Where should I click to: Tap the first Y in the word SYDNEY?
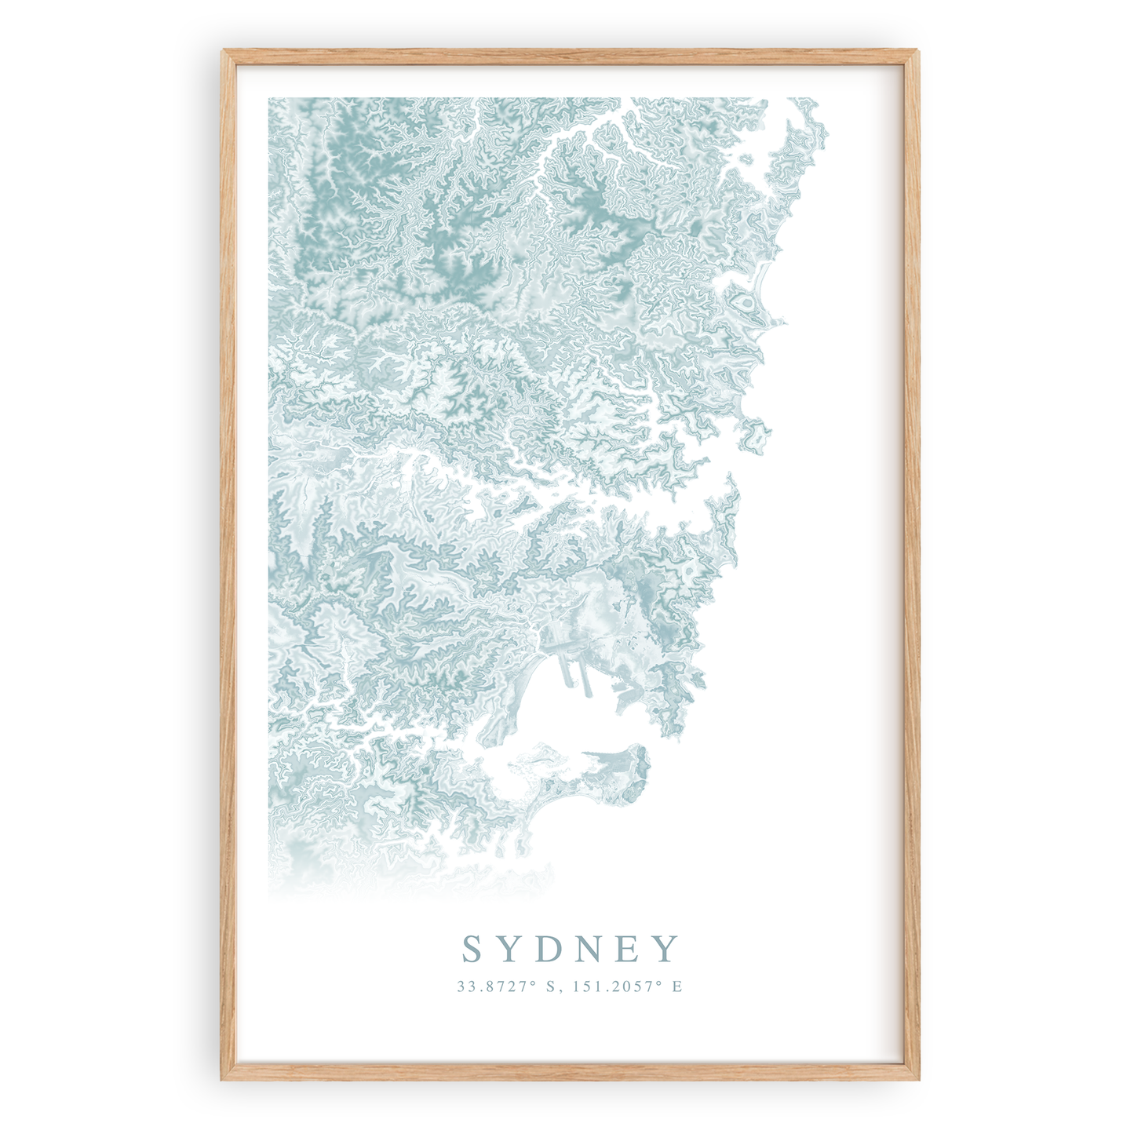click(x=511, y=949)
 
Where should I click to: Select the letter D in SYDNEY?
click(x=550, y=949)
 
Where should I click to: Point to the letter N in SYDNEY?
click(x=592, y=949)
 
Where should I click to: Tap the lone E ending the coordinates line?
click(x=677, y=986)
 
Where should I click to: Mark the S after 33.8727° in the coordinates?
click(x=550, y=986)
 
